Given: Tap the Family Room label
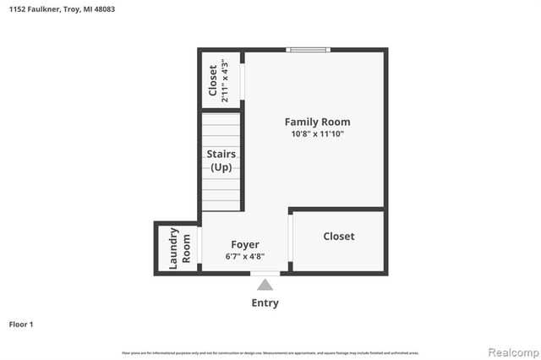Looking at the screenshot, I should point(317,122).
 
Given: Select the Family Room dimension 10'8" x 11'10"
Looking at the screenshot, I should point(317,134).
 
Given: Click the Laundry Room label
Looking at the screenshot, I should point(180,248).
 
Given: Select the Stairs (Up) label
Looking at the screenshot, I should point(221,161).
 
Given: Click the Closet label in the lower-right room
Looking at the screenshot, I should point(339,237).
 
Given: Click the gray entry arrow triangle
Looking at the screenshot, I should point(265,286).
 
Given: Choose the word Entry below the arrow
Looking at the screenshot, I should point(265,303).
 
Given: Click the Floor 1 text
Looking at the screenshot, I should point(21,324).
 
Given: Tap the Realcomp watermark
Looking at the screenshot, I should point(511,351).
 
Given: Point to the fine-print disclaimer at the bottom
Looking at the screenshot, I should point(270,352).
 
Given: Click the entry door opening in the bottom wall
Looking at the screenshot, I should point(265,272).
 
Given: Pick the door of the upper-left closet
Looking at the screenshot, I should point(243,81).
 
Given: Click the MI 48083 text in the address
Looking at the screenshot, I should point(99,9).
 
